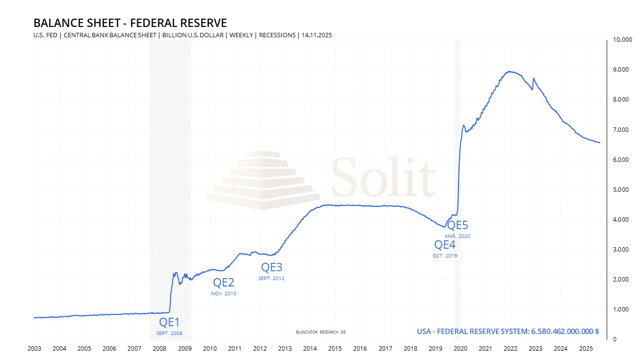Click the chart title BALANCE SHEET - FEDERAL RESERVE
click(130, 23)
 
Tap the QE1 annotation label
click(170, 322)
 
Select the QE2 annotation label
click(224, 283)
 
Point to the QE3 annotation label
click(271, 267)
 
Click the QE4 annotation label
click(445, 245)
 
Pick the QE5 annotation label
click(458, 226)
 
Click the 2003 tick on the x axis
click(34, 349)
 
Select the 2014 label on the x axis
click(309, 349)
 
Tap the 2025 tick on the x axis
click(585, 349)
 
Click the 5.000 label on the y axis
click(620, 190)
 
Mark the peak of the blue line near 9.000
click(511, 72)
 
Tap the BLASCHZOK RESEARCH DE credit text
click(321, 332)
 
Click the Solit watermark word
click(383, 177)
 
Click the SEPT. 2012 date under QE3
click(271, 279)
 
